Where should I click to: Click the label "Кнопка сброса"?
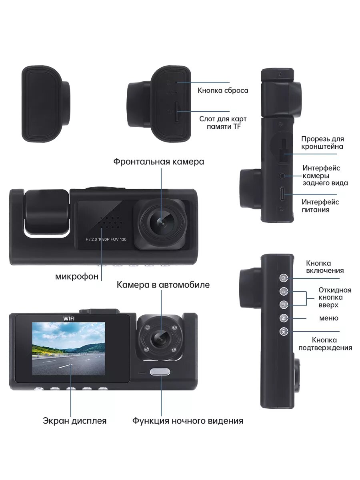point(223,90)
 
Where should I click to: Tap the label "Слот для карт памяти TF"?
point(223,123)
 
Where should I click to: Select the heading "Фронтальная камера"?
point(158,162)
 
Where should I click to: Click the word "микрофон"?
point(77,276)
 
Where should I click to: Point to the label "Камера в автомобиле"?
point(163,285)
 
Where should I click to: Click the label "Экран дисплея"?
point(75,421)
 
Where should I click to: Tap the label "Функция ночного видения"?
point(188,421)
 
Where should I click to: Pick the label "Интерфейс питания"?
point(320,206)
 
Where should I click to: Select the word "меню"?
point(329,318)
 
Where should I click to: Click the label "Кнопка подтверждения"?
point(325,344)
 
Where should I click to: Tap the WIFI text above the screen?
point(69,318)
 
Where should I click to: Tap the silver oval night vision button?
point(160,372)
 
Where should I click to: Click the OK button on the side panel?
point(284,332)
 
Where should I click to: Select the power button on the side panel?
point(284,278)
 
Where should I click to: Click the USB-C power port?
point(283,194)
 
